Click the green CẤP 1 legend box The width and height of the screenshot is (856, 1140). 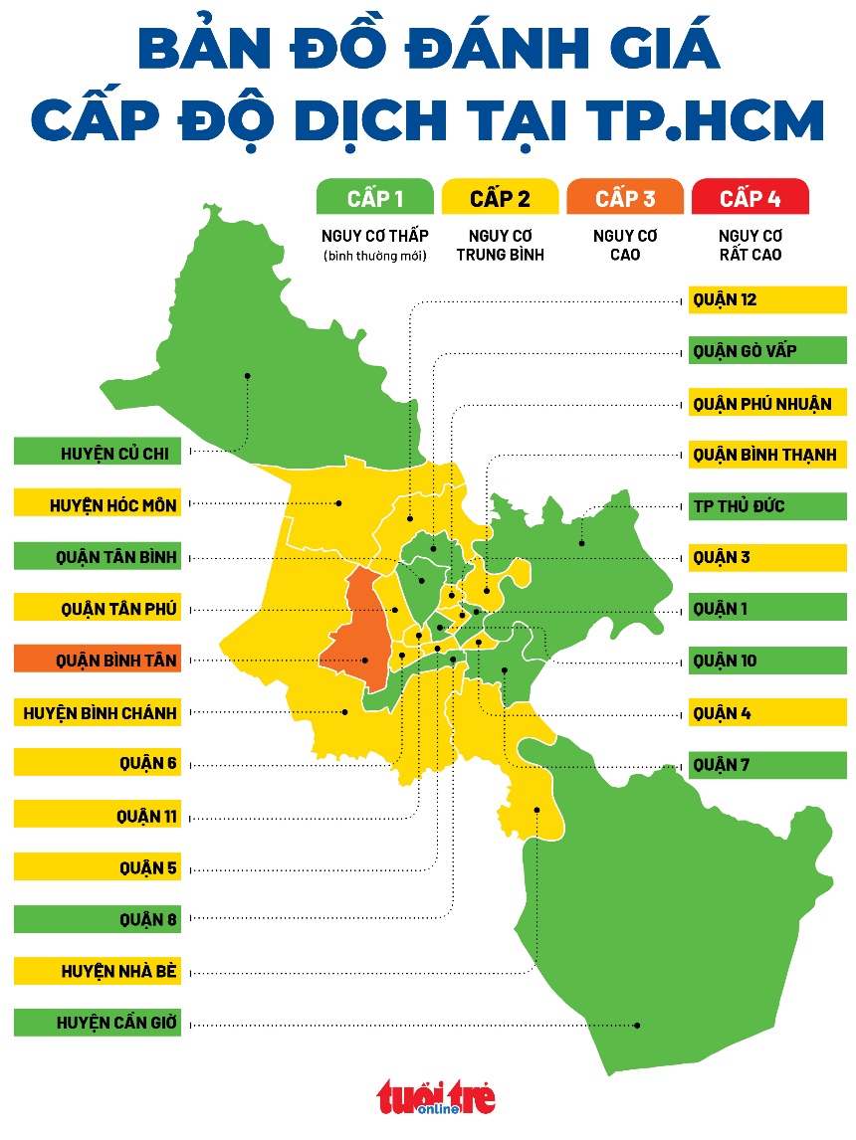(374, 197)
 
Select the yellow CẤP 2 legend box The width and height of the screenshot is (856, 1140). (500, 197)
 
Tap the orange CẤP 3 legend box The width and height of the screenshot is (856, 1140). (625, 197)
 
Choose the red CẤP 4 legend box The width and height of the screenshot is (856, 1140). (749, 197)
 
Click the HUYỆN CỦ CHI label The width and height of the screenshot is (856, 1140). (98, 454)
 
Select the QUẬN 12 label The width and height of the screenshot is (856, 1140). (766, 299)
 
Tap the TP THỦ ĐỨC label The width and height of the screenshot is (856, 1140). (766, 506)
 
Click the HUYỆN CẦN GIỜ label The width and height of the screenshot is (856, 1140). (98, 1023)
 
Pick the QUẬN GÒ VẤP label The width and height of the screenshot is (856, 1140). (766, 351)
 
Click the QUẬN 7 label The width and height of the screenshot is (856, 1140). (766, 765)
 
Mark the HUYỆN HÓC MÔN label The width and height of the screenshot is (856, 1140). (98, 505)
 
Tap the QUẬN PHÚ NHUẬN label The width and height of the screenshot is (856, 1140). (766, 403)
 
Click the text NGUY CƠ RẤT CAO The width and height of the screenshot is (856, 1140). (749, 245)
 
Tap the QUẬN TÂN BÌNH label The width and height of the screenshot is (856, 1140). (98, 557)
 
